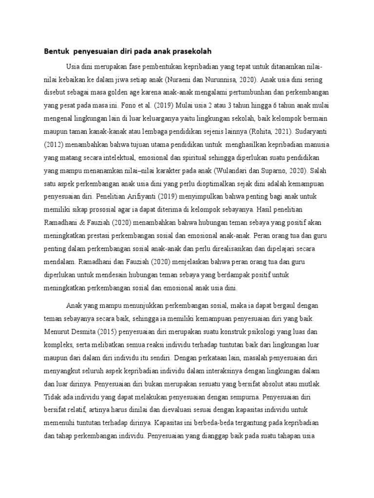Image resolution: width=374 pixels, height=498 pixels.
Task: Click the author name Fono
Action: [148, 105]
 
